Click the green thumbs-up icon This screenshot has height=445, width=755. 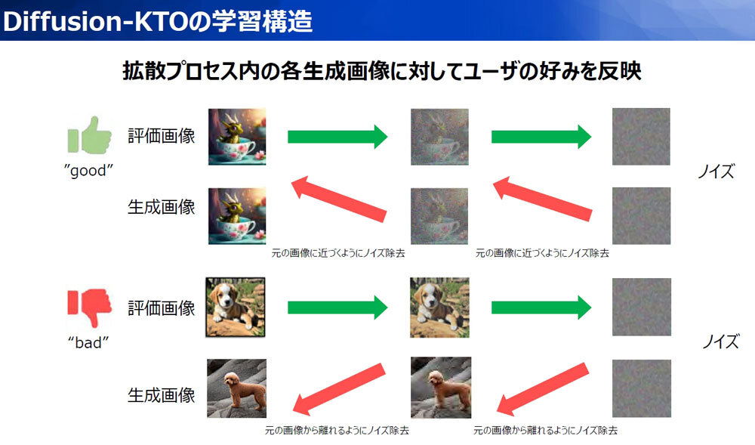(90, 135)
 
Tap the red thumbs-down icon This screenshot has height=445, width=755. (90, 307)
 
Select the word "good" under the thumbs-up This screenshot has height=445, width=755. (88, 171)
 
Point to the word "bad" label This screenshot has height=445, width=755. (88, 343)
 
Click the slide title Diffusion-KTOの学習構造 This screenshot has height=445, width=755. (158, 21)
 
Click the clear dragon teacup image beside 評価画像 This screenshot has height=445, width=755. (237, 137)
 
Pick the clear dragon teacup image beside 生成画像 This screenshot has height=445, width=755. (237, 216)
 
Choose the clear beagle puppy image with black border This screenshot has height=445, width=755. (236, 307)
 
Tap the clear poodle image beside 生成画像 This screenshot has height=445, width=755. (236, 388)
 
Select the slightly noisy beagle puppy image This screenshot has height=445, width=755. (439, 307)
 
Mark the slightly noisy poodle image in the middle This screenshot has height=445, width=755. (441, 388)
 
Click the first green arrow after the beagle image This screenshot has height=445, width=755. (337, 307)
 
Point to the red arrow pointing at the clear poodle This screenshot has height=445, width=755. (339, 388)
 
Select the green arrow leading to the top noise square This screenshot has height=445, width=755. (541, 137)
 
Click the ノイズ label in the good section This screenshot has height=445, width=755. (716, 171)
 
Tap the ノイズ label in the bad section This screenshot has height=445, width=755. (720, 341)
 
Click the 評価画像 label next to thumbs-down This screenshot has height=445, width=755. (162, 308)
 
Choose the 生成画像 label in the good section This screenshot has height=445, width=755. (162, 207)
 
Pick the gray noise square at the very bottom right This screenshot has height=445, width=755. (642, 388)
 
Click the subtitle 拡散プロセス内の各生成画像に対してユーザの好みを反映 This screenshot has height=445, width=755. (382, 71)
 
